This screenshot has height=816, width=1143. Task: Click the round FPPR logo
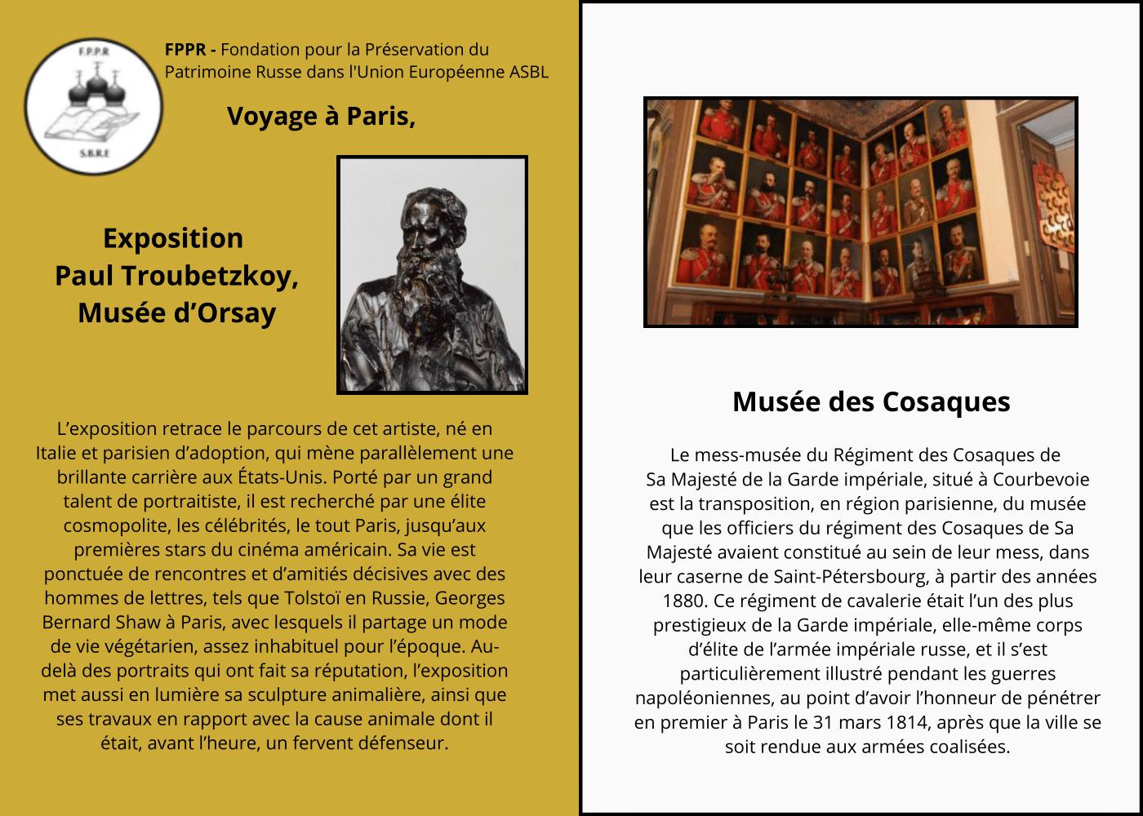[92, 106]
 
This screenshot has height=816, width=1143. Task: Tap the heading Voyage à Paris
[321, 117]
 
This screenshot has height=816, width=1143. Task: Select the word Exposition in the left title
[173, 238]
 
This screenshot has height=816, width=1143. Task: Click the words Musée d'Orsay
[176, 313]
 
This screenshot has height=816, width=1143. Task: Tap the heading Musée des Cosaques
[871, 401]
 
